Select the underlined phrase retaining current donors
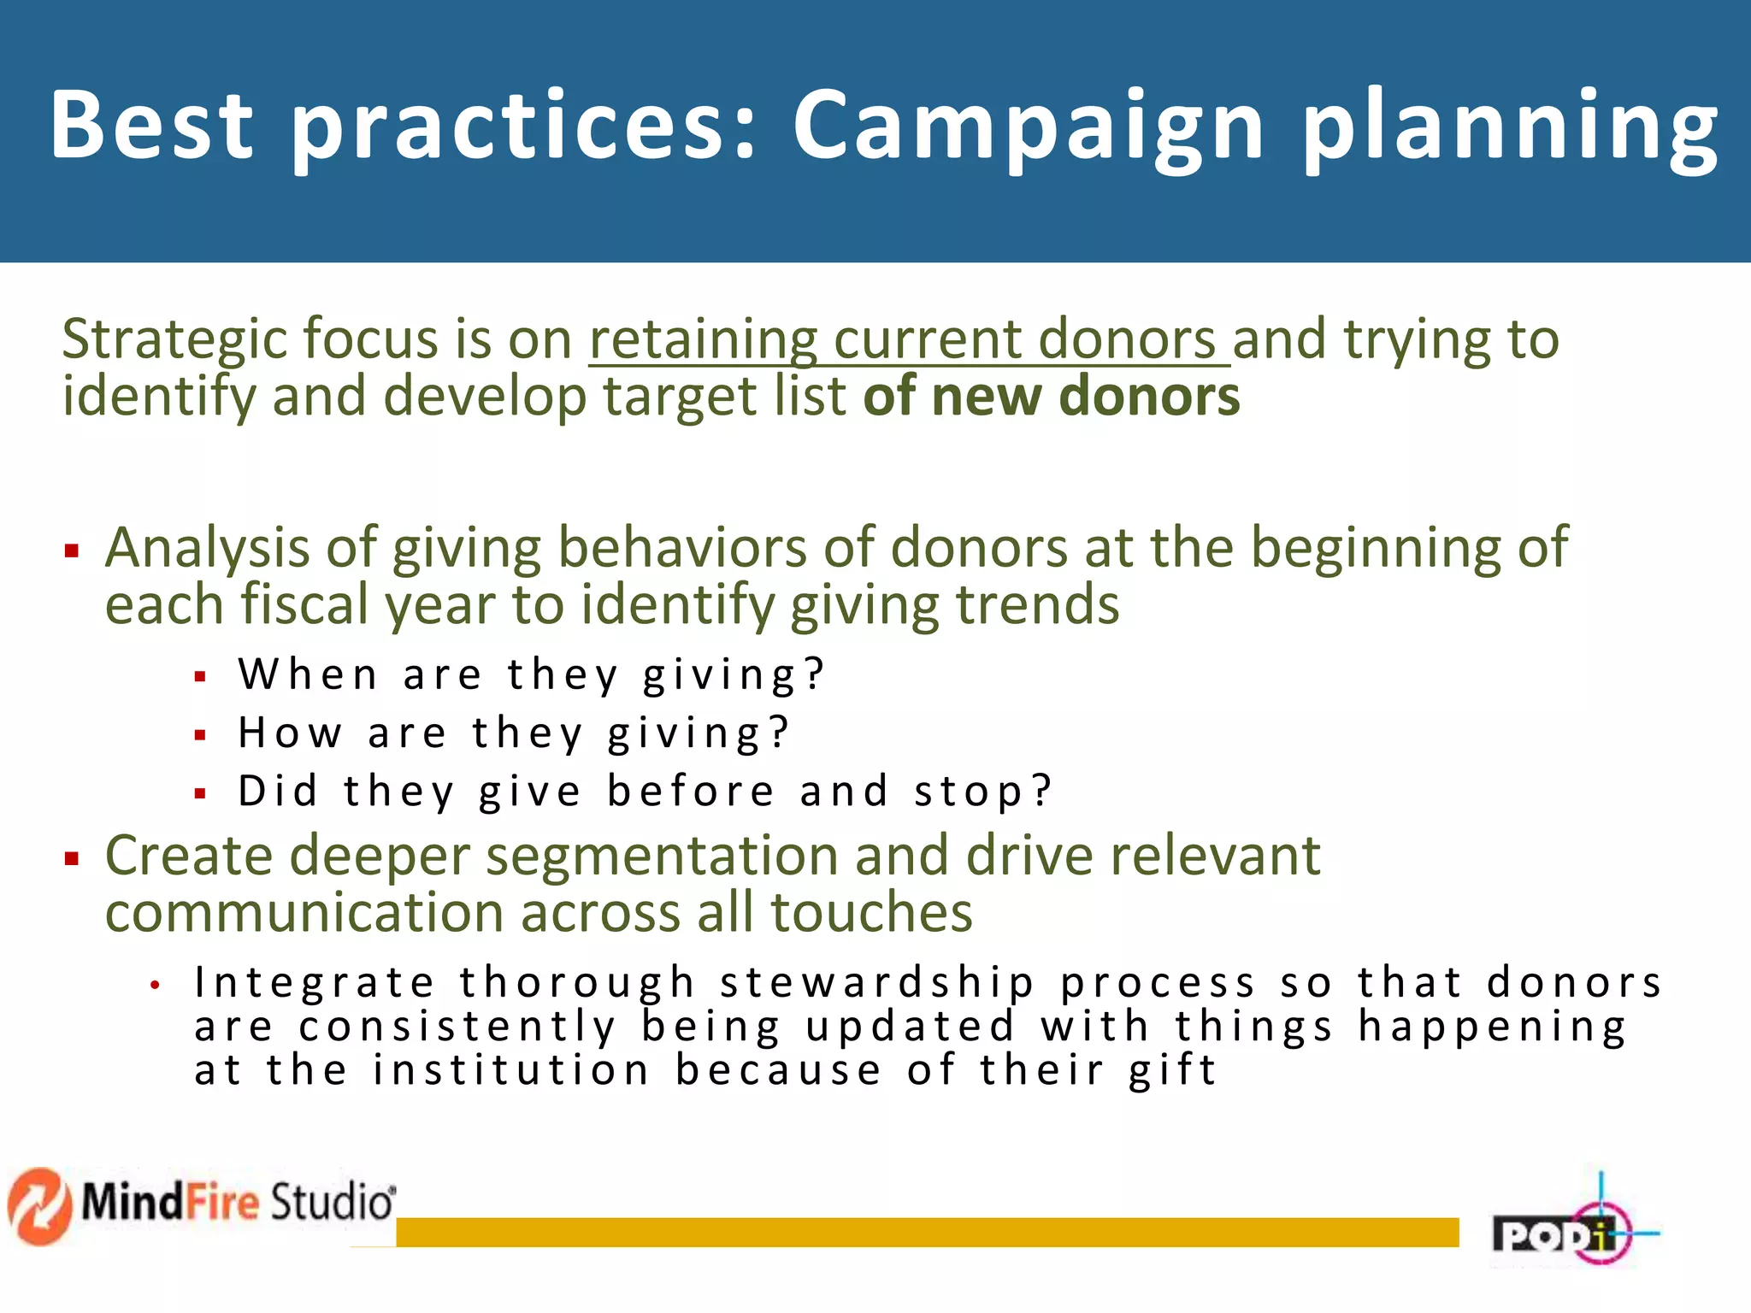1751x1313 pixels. pos(908,340)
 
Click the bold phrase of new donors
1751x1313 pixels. pos(1052,397)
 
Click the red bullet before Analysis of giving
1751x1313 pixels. pos(72,551)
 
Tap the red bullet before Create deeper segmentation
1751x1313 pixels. pos(72,858)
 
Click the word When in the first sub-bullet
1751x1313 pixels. pos(308,674)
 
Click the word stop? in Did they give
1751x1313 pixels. pos(983,792)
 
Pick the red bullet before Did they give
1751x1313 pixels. pos(201,794)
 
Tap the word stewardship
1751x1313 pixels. pos(877,983)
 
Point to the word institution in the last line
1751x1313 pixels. pos(511,1072)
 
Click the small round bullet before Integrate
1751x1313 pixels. pos(155,986)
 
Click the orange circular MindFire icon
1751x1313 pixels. pos(39,1205)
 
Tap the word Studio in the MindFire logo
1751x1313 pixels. pos(332,1202)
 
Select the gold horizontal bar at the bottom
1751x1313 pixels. pos(927,1232)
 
